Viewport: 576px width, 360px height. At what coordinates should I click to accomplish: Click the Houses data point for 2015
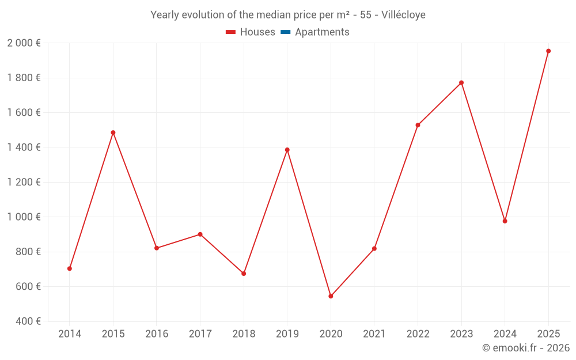[x=113, y=132]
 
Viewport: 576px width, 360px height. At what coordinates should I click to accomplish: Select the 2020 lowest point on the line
[x=331, y=296]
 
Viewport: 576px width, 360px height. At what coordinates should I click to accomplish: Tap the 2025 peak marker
[x=548, y=51]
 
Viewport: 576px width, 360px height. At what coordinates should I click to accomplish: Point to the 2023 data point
[x=461, y=82]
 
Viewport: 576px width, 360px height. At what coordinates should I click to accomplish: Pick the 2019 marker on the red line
[x=287, y=150]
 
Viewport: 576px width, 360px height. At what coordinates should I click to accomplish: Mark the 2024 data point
[x=505, y=221]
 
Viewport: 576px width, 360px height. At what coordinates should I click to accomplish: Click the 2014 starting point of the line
[x=70, y=268]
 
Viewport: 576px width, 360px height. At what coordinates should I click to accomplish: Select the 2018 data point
[x=244, y=274]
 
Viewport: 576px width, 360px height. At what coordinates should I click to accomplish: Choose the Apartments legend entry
[x=322, y=32]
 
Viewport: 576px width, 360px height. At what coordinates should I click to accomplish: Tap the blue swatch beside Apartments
[x=285, y=32]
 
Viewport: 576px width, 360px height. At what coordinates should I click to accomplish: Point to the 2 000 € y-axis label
[x=24, y=43]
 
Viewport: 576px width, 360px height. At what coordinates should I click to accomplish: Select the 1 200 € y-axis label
[x=24, y=182]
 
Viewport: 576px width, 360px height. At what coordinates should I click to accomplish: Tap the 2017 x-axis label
[x=200, y=334]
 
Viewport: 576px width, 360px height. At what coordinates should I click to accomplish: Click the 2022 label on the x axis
[x=418, y=334]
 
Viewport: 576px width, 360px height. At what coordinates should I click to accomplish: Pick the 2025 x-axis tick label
[x=548, y=334]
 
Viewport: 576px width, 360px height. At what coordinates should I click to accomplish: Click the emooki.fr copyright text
[x=526, y=348]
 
